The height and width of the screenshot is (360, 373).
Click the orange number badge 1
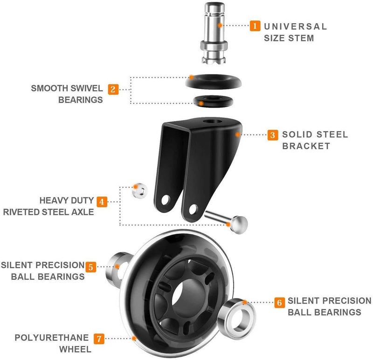(x=255, y=26)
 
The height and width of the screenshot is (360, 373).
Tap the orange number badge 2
(x=113, y=88)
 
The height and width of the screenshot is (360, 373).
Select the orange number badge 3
(x=272, y=136)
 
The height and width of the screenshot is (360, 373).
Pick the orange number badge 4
(x=102, y=202)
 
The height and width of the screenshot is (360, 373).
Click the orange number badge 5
(x=91, y=266)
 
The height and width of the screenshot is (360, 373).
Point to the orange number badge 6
(x=279, y=302)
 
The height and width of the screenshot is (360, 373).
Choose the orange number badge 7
(x=98, y=338)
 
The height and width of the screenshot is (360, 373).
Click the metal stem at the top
(x=214, y=33)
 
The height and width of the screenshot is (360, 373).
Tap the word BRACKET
(x=306, y=146)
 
